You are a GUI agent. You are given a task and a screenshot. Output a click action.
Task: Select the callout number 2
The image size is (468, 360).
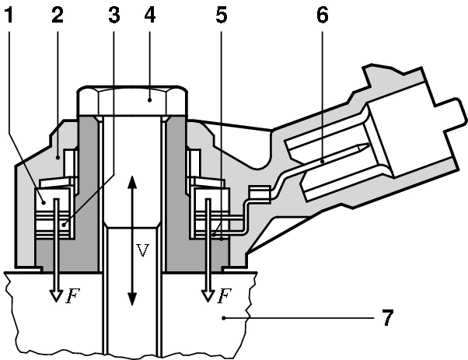(x=57, y=16)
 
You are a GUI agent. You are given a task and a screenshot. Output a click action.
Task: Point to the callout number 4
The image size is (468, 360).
(x=150, y=16)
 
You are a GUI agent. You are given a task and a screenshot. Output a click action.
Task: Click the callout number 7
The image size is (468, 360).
(x=386, y=318)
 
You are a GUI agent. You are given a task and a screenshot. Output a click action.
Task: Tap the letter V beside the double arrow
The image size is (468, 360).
(x=142, y=251)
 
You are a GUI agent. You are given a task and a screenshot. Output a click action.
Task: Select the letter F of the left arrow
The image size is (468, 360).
(x=71, y=295)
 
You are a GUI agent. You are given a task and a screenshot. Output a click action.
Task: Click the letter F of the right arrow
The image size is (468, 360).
(x=223, y=295)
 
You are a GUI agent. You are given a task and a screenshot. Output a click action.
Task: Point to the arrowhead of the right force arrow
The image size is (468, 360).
(x=208, y=295)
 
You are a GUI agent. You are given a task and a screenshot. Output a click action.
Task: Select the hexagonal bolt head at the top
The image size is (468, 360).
(x=132, y=100)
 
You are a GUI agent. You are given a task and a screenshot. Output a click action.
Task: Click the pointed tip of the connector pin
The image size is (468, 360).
(x=358, y=148)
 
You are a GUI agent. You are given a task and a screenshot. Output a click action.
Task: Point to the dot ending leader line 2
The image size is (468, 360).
(x=60, y=156)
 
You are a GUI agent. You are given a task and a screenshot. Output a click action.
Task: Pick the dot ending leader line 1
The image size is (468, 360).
(x=43, y=202)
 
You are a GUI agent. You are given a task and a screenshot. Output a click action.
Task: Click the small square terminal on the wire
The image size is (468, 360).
(x=253, y=191)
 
